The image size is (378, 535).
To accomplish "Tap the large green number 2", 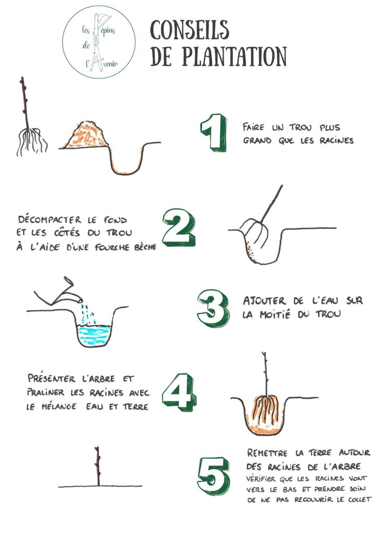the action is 179,228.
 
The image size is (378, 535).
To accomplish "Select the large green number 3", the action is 213,308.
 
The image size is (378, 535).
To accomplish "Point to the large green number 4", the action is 179,392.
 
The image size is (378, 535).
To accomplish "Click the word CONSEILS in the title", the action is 190,30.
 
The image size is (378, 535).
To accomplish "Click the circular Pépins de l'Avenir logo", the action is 99,42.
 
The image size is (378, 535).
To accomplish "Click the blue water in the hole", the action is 94,334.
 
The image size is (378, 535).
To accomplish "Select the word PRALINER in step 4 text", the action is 45,392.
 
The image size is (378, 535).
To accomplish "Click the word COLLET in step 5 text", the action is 360,499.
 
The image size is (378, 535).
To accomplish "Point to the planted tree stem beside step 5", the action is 98,466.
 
